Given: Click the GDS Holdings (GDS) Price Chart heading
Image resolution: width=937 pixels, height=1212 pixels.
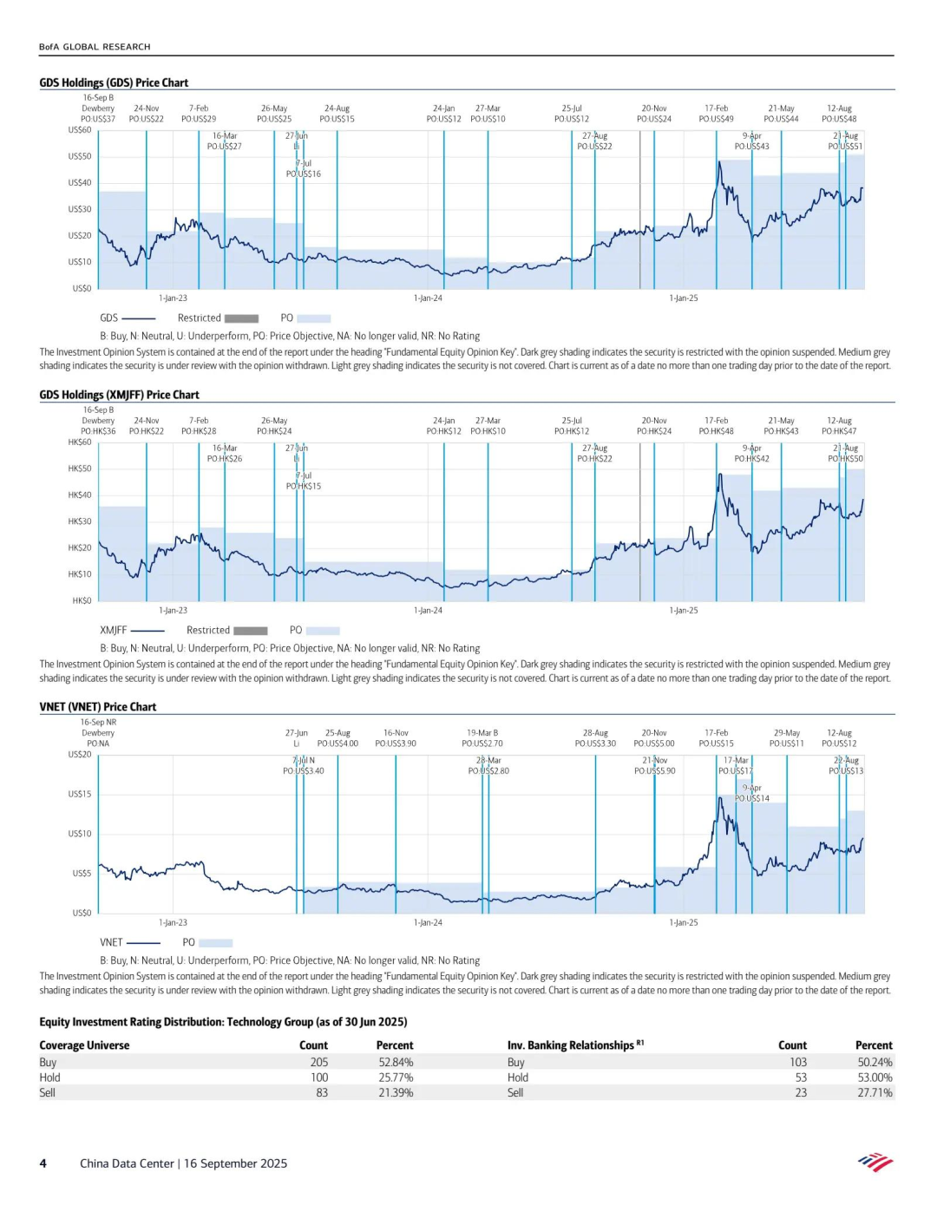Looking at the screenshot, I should [114, 82].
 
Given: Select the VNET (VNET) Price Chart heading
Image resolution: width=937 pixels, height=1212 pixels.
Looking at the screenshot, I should [98, 707].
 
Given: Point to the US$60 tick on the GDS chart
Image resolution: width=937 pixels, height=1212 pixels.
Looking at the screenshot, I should [80, 130].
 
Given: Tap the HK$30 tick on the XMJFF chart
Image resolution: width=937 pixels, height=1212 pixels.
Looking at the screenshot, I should [80, 521].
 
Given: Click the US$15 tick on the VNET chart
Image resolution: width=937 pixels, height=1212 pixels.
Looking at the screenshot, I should [80, 794].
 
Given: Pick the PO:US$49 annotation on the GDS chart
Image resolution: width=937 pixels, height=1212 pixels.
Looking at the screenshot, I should [716, 119].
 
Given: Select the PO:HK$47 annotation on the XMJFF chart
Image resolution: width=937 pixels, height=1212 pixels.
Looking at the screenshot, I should [839, 431].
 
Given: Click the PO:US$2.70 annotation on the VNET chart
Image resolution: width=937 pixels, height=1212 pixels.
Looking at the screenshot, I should [482, 744].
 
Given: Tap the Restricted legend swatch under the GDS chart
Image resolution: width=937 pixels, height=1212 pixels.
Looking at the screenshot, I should [242, 318].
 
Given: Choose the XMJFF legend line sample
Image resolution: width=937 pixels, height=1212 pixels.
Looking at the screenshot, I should [147, 631].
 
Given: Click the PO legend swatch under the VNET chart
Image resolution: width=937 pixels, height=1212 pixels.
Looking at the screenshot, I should [216, 943].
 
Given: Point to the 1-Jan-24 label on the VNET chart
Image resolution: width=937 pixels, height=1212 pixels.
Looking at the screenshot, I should [428, 922].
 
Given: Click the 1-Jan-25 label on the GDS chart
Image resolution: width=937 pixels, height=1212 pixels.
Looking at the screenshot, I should [684, 298].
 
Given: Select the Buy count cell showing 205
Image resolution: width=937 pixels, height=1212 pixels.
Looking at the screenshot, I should [319, 1062].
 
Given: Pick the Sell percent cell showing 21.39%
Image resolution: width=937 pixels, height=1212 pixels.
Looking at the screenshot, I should [396, 1092].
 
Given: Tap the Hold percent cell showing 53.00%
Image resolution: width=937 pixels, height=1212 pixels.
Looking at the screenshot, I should [874, 1078].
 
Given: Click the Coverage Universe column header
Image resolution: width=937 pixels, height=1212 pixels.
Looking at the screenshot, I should [84, 1045].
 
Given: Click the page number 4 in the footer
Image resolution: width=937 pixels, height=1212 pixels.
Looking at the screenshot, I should [43, 1163].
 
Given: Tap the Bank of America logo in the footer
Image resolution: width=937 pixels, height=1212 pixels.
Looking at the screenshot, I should [875, 1163].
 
